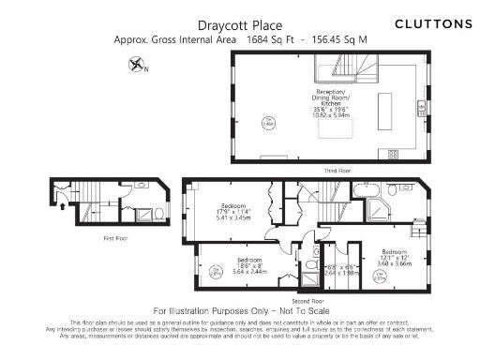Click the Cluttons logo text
click(x=433, y=22)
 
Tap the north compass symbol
click(x=137, y=65)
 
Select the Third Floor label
click(x=337, y=170)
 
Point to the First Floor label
click(x=116, y=238)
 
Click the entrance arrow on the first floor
click(x=62, y=198)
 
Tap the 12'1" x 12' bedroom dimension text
click(x=395, y=259)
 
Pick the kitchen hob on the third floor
click(x=393, y=154)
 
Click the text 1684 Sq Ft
click(x=267, y=41)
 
